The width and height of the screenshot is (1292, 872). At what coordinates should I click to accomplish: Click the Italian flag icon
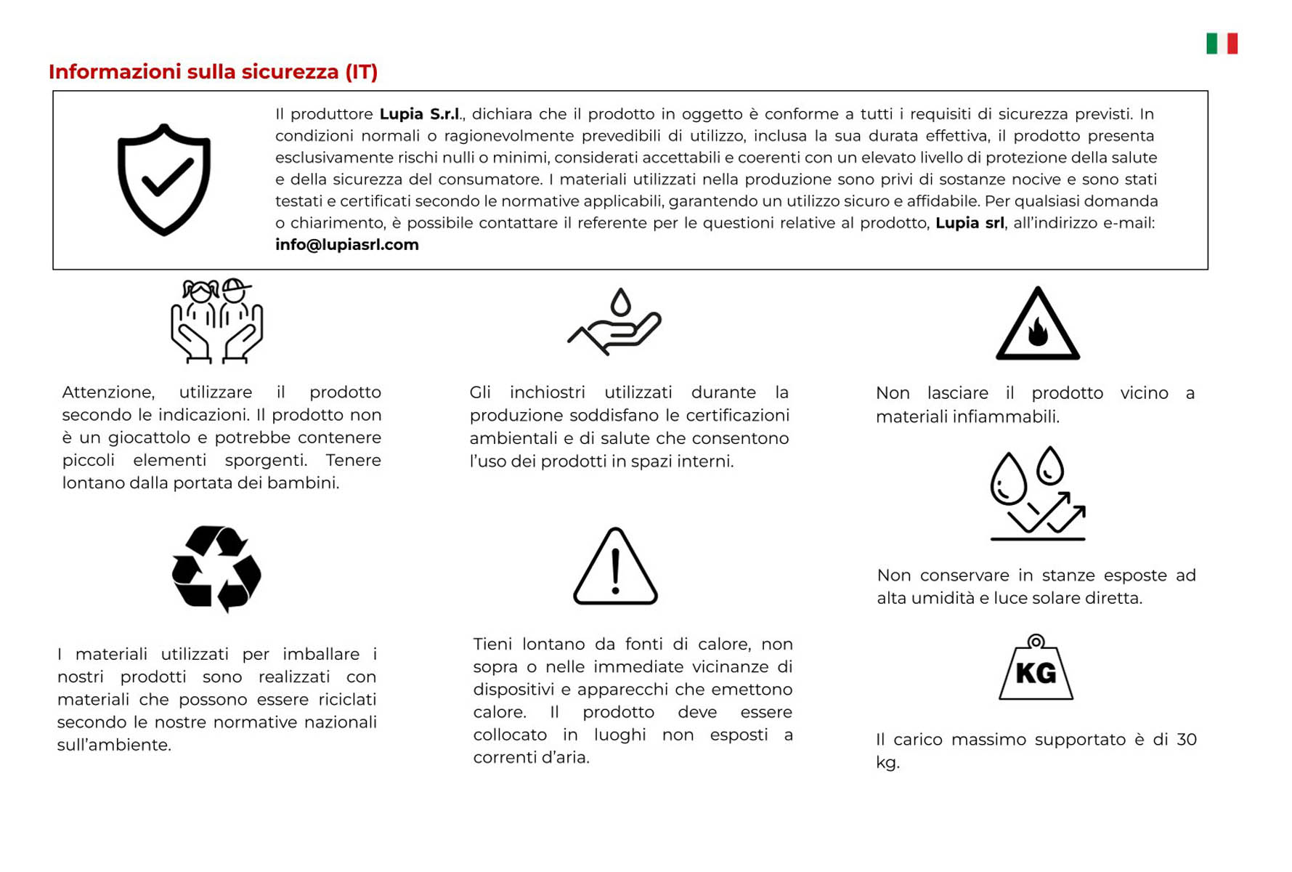point(1222,44)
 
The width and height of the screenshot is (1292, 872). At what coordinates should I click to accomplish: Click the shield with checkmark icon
point(164,179)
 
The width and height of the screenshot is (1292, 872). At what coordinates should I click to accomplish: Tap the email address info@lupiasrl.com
point(346,245)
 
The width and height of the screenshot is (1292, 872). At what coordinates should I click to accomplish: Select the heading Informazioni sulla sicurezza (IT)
point(213,72)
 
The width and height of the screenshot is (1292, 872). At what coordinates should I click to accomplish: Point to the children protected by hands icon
point(216,320)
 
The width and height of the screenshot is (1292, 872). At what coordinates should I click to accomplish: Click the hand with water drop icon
point(614,321)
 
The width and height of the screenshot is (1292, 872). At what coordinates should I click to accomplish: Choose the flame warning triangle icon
point(1037,325)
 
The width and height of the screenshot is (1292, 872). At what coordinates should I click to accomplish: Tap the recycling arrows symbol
point(216,569)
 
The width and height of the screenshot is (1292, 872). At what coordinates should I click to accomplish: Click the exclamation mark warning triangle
point(615,567)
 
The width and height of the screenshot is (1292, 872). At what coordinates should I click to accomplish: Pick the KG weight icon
point(1036,668)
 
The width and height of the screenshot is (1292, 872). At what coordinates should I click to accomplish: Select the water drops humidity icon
point(1037,493)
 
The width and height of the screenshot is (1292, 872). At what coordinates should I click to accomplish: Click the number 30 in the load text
point(1186,740)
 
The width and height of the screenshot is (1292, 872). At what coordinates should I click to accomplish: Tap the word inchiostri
point(547,393)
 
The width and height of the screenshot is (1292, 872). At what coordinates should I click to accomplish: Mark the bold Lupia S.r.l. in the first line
point(419,114)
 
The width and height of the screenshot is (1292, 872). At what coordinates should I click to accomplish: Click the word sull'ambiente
point(114,746)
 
